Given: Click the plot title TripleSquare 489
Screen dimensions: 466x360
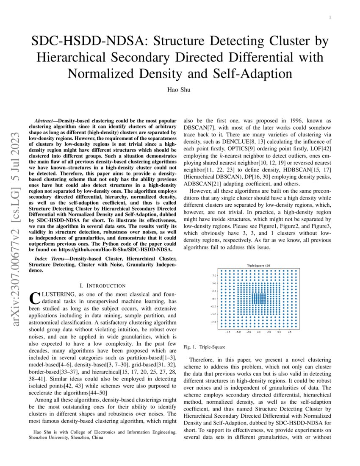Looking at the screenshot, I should click(259, 266).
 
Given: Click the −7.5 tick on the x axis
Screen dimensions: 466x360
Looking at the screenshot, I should click(227, 332).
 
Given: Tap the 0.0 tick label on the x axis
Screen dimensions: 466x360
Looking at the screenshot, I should click(258, 332).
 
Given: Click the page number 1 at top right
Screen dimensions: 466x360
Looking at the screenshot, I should click(330, 17).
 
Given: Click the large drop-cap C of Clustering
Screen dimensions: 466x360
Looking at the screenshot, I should click(35, 297).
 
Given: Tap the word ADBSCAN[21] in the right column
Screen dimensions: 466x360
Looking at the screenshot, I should click(200, 184).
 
